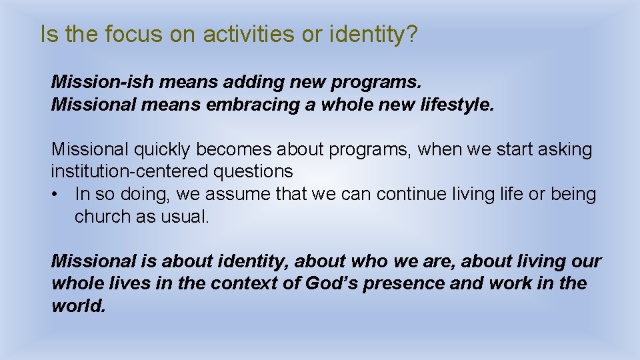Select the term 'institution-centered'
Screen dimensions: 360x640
(x=130, y=171)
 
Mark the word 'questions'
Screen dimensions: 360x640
(x=253, y=171)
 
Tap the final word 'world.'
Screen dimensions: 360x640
(x=79, y=305)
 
